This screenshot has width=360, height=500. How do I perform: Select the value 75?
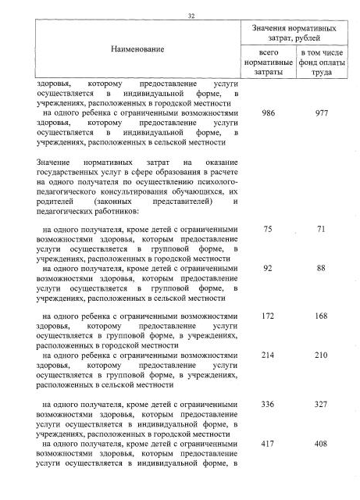[268, 229]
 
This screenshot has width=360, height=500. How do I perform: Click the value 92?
[268, 269]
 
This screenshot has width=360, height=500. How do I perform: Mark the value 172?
[268, 316]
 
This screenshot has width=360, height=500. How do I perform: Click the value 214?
[268, 355]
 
